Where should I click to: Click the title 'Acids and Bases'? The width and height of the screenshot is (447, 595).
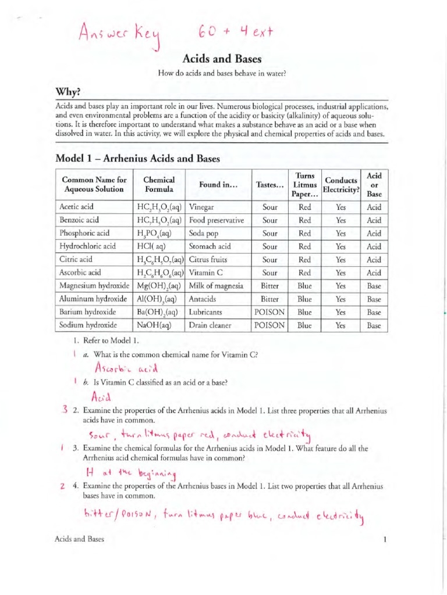click(x=223, y=59)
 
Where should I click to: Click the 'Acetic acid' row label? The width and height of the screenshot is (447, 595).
click(x=76, y=207)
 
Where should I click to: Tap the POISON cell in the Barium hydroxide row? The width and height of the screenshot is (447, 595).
click(x=269, y=312)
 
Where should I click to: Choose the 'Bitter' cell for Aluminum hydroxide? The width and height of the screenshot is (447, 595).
click(x=269, y=299)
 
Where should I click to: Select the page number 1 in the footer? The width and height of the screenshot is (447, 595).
click(x=385, y=540)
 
